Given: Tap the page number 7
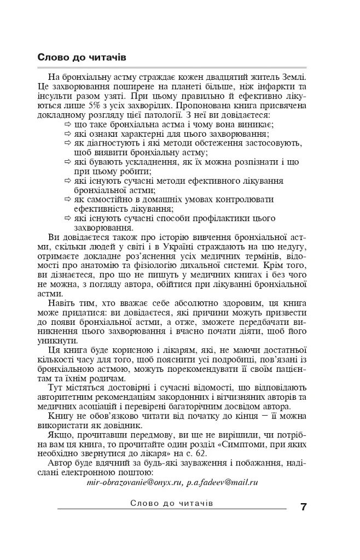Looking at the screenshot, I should tap(303, 506).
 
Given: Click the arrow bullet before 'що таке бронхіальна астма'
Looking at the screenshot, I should tap(68, 125).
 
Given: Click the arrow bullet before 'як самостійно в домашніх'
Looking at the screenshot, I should tap(68, 199).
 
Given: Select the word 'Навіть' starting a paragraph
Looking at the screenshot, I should tap(62, 301).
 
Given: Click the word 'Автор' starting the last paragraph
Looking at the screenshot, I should tap(61, 464).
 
